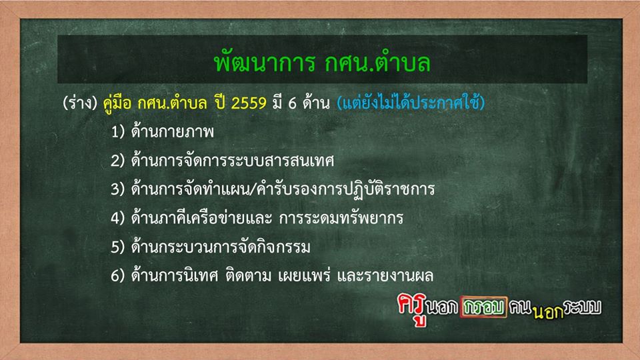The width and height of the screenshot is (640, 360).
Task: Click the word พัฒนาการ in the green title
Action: point(265,63)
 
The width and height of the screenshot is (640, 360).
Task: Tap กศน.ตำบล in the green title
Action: point(377,63)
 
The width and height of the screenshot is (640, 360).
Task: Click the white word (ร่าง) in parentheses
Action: point(80,103)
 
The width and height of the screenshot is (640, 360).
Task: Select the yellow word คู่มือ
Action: point(117,103)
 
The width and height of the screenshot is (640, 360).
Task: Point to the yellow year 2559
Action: point(249,103)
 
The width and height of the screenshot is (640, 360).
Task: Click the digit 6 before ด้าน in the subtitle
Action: point(292,103)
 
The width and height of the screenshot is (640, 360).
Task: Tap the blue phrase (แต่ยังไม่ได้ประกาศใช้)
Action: point(411,102)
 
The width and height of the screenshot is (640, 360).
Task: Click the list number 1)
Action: point(117,132)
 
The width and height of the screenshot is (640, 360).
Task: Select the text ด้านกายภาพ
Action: point(172,131)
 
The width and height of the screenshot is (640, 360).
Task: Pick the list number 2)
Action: point(117,161)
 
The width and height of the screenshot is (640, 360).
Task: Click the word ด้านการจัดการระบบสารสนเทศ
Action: point(233,159)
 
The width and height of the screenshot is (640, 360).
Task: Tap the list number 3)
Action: point(117,189)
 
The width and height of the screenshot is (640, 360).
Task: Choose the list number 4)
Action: point(117,218)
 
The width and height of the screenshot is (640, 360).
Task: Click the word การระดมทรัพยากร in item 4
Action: point(341,217)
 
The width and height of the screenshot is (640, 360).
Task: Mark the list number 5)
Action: point(117,247)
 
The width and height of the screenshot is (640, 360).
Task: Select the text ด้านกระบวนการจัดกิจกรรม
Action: point(221,246)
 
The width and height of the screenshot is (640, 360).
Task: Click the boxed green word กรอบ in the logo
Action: point(484,307)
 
